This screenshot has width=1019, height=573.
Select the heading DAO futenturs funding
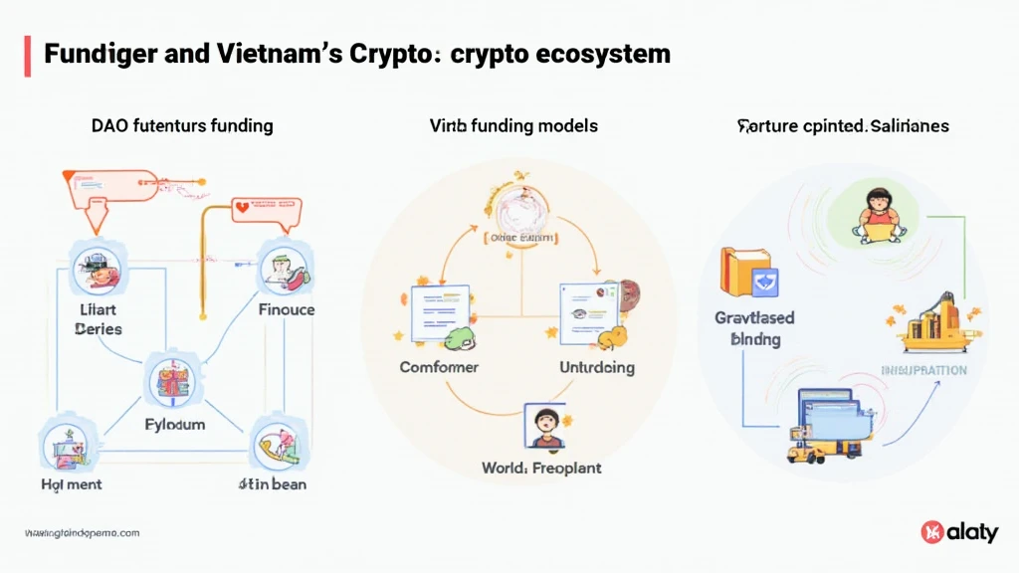click(x=181, y=126)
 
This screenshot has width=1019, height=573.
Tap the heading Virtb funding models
click(x=513, y=126)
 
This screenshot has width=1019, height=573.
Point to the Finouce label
click(x=286, y=309)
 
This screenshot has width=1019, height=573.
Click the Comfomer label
click(x=439, y=367)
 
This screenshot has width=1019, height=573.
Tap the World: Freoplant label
click(x=541, y=467)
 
